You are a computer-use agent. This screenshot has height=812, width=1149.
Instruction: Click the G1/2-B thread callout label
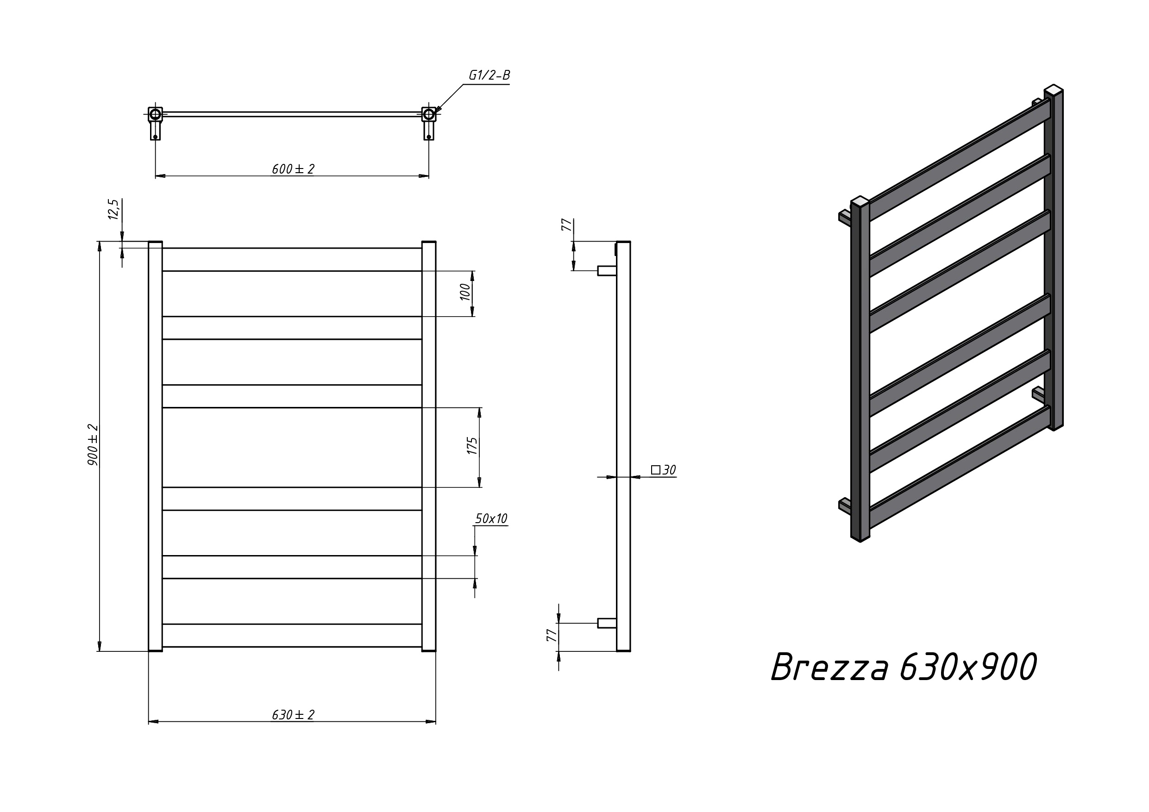pyautogui.click(x=489, y=75)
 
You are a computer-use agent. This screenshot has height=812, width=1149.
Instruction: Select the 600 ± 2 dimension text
pyautogui.click(x=293, y=169)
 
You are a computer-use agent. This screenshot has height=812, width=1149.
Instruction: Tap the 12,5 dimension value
pyautogui.click(x=113, y=209)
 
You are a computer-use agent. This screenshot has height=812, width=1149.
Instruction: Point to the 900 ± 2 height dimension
pyautogui.click(x=93, y=445)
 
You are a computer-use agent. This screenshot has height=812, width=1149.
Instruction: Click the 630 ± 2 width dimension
pyautogui.click(x=293, y=715)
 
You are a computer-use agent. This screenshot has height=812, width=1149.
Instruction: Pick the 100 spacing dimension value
pyautogui.click(x=465, y=292)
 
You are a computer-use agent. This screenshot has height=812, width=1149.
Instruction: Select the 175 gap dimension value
pyautogui.click(x=472, y=446)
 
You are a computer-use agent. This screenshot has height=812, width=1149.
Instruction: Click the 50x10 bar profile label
pyautogui.click(x=491, y=519)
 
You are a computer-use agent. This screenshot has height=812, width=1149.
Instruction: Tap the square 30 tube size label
pyautogui.click(x=664, y=470)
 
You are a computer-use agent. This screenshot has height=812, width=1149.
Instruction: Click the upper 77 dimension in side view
pyautogui.click(x=566, y=225)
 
